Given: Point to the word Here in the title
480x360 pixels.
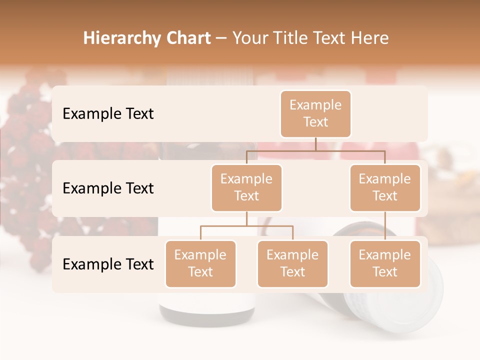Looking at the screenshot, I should [x=370, y=38].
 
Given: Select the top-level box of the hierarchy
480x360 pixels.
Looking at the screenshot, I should [x=315, y=113].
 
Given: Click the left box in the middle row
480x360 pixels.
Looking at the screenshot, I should [x=246, y=187].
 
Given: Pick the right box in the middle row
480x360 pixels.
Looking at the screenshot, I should [x=385, y=187].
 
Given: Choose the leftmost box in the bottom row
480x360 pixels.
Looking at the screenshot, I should [x=200, y=263].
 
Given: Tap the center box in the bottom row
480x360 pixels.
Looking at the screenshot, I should [x=292, y=263].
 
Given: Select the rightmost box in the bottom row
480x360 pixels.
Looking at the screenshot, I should [x=385, y=263].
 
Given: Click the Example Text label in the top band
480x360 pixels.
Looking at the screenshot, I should [x=108, y=113].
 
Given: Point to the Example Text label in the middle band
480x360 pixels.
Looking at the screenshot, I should [x=108, y=188].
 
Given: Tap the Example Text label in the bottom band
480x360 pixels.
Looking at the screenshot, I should [x=108, y=264].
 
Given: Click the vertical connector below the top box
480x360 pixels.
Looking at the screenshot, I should [x=315, y=144].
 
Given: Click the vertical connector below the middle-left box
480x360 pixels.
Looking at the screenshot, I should [x=246, y=218].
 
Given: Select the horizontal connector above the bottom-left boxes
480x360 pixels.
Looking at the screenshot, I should [x=246, y=226].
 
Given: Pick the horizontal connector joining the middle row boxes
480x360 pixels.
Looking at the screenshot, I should [x=315, y=150].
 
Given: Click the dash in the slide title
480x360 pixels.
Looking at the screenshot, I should [x=221, y=38].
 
